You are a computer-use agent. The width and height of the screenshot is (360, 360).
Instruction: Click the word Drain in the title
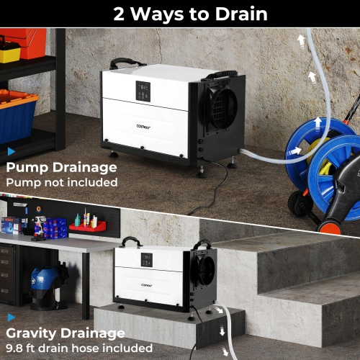(233, 14)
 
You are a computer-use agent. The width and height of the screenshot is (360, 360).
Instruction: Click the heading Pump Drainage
(61, 168)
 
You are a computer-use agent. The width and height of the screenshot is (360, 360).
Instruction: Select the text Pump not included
(61, 182)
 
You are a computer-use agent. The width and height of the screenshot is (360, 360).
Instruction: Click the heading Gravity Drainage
(65, 333)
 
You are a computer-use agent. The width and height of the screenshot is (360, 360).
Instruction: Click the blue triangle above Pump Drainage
(11, 152)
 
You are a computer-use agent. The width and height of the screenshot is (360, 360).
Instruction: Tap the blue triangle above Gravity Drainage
(11, 317)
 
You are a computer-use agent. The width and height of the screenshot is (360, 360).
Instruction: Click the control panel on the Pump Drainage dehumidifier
(143, 92)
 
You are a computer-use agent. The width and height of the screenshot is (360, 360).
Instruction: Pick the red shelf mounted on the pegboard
(87, 227)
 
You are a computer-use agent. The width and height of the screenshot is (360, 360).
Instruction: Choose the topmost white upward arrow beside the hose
(301, 42)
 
